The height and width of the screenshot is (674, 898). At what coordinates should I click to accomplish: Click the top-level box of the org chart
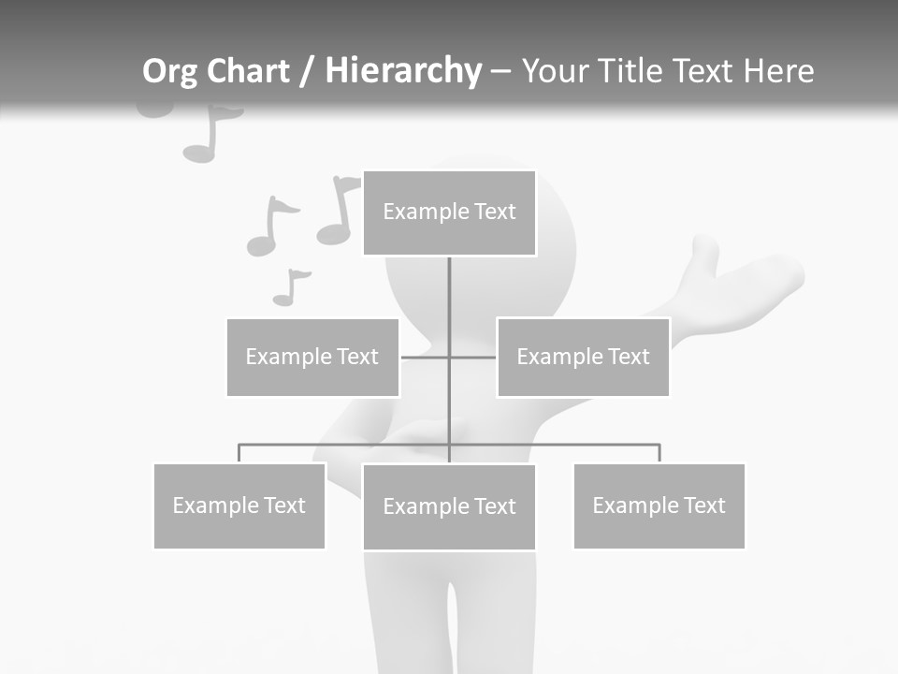(x=449, y=212)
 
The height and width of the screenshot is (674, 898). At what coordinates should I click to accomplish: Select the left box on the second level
(x=312, y=357)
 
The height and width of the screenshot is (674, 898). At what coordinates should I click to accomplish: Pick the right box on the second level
(x=583, y=357)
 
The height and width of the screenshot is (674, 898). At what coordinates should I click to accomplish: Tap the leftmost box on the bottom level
(x=239, y=505)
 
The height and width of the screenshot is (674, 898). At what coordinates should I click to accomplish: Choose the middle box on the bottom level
(x=449, y=506)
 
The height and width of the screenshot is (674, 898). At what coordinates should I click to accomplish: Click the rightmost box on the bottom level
(x=659, y=505)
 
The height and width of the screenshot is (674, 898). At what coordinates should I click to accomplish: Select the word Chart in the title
(x=247, y=71)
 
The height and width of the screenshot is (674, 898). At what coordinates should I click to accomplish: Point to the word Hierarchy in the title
(x=403, y=71)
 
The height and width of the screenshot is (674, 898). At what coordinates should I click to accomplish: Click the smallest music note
(x=289, y=288)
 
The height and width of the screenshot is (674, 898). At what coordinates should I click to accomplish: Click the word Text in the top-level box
(x=495, y=212)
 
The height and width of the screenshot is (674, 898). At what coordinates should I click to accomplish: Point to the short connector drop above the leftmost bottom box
(x=239, y=453)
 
